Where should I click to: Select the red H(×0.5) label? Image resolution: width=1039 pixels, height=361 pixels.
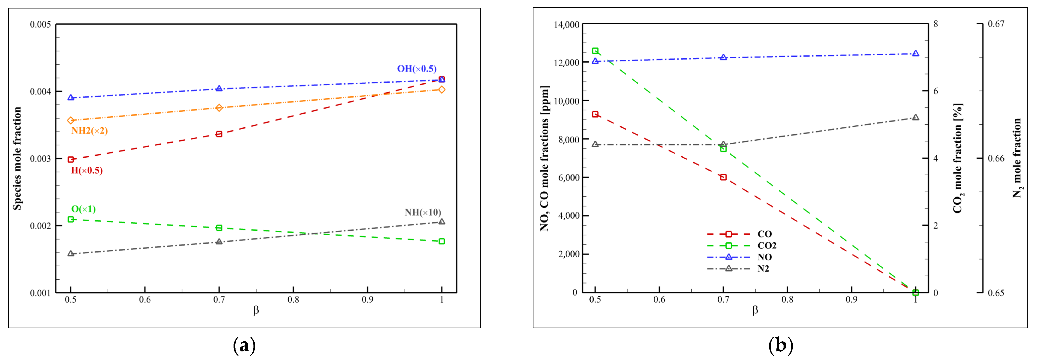click(87, 170)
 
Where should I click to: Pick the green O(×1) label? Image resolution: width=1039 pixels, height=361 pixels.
click(83, 209)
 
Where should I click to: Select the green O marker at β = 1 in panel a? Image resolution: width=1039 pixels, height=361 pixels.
click(442, 241)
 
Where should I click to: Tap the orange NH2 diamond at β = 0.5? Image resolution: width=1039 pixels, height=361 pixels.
click(71, 120)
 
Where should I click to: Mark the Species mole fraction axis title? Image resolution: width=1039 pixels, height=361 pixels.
click(17, 158)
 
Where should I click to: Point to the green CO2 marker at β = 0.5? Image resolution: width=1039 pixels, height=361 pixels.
click(595, 51)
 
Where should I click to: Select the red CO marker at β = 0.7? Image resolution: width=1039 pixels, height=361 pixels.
click(723, 177)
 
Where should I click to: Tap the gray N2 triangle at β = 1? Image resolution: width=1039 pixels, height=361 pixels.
click(915, 118)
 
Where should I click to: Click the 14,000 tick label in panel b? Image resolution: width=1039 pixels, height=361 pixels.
click(566, 25)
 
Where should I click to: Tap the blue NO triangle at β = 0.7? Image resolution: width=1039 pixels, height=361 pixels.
click(723, 58)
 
